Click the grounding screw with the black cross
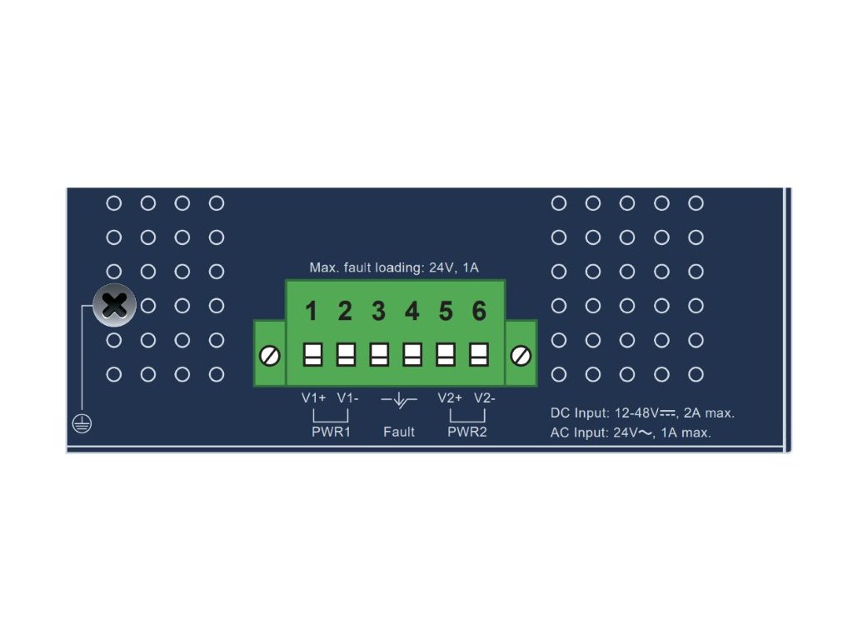114,305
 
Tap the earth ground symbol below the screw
82,423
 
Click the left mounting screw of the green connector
270,356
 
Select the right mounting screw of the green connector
521,356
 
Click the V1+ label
314,397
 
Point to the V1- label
348,397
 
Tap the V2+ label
450,397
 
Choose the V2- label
485,397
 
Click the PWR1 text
331,432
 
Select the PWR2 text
466,432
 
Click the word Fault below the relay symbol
399,432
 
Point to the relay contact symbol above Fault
399,402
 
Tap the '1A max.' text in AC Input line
686,432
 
